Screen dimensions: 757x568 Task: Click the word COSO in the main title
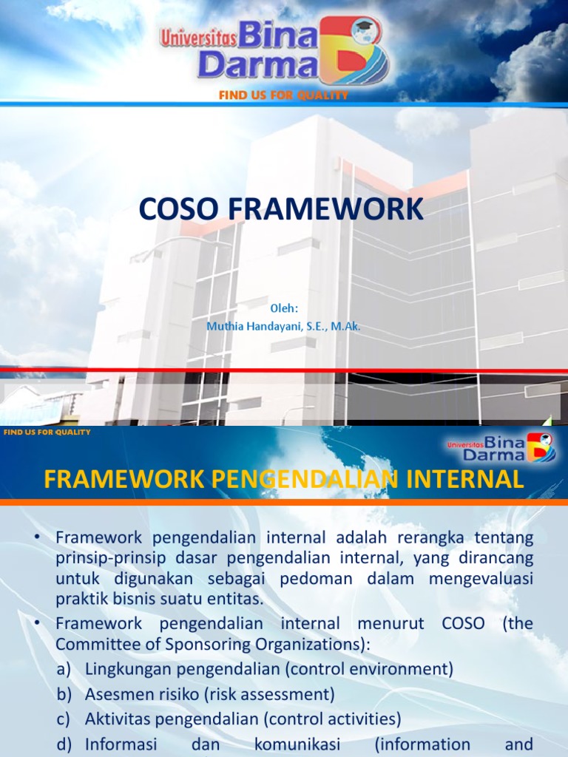tap(176, 209)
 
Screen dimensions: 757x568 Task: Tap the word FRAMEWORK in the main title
tap(321, 209)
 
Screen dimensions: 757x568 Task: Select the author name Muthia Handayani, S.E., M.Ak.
tap(284, 325)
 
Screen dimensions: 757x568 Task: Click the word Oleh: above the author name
tap(284, 308)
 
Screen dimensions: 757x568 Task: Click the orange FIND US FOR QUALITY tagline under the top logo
tap(283, 95)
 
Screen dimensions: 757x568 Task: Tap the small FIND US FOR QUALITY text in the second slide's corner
tap(47, 432)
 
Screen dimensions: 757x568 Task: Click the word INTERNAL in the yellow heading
tap(465, 479)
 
